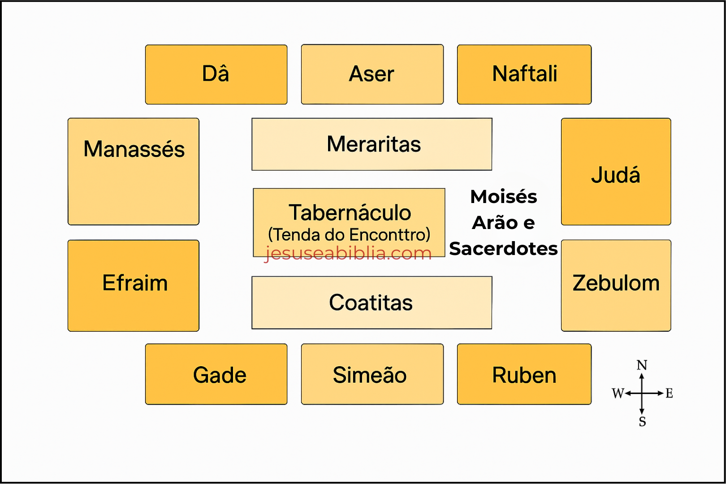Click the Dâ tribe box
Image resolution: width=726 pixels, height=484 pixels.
click(x=216, y=74)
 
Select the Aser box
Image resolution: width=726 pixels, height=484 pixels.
click(x=372, y=74)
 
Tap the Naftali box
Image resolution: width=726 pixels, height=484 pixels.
click(x=524, y=74)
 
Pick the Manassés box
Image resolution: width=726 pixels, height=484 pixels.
click(x=134, y=172)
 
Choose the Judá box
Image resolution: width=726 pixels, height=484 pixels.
click(x=616, y=172)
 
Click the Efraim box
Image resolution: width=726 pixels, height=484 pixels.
click(x=134, y=285)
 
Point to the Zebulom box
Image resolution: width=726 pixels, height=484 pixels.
click(x=616, y=285)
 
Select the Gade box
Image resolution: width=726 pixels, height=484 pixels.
click(x=216, y=374)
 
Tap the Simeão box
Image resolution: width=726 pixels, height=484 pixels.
click(x=372, y=374)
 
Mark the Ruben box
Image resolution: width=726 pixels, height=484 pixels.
click(x=524, y=374)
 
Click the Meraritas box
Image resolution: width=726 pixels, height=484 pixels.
click(x=372, y=144)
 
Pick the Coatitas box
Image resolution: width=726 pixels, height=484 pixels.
click(x=372, y=303)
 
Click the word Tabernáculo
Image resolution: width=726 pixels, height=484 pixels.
click(x=350, y=213)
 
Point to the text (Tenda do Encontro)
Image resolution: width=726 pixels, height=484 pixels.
click(x=349, y=234)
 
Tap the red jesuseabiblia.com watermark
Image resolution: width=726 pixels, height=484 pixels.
click(x=348, y=253)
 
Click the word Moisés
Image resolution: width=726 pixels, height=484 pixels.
click(x=504, y=197)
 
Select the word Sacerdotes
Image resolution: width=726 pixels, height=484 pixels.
click(x=503, y=249)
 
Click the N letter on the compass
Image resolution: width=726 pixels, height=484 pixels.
click(x=642, y=365)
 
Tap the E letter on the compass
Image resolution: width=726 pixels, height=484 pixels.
click(x=669, y=393)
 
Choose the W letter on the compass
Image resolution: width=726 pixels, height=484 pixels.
click(x=618, y=393)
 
